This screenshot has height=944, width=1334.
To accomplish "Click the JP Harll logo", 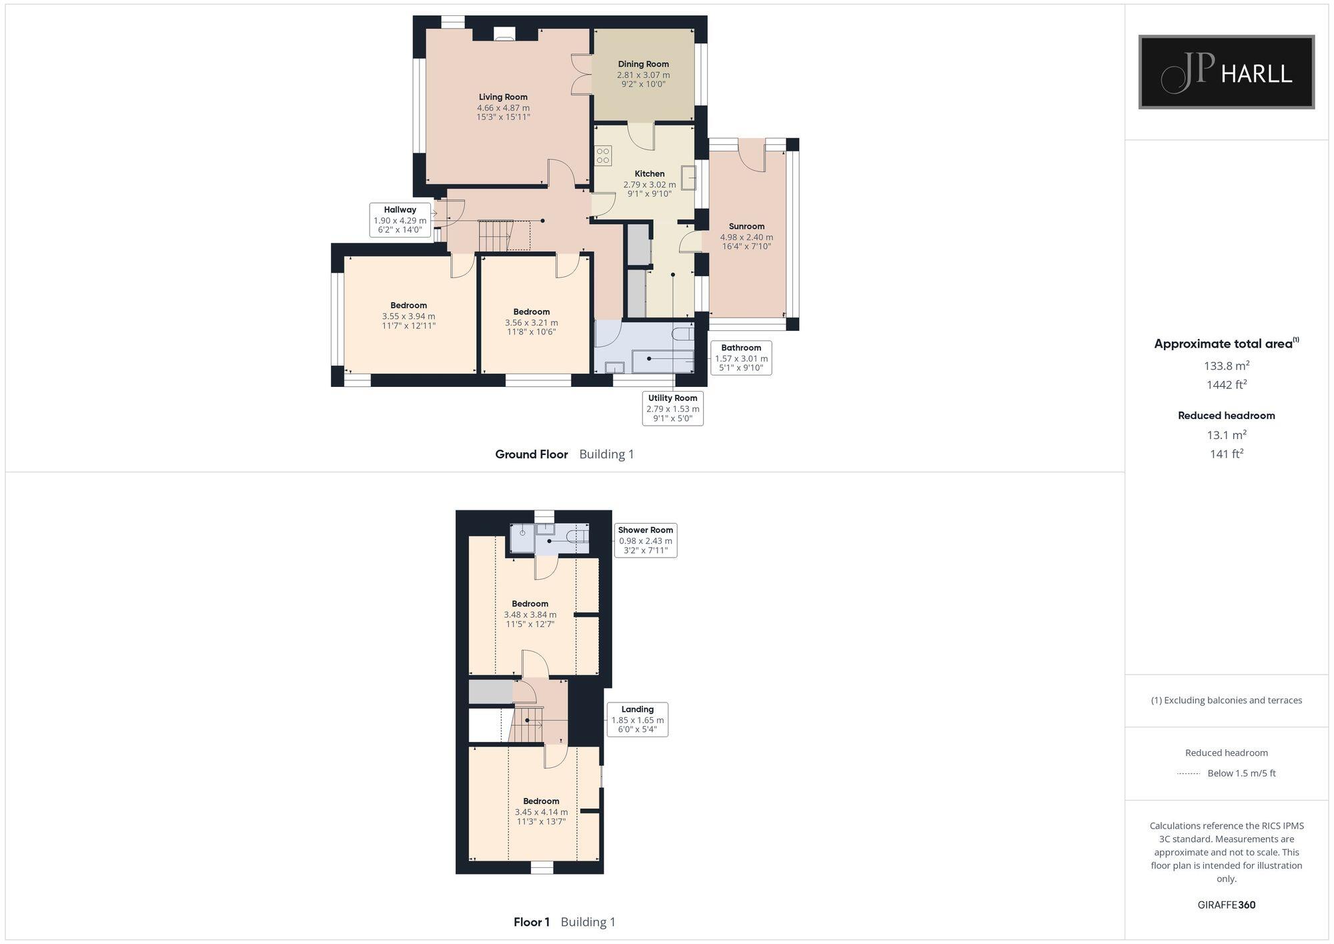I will [1226, 72].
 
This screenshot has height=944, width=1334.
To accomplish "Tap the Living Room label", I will [503, 97].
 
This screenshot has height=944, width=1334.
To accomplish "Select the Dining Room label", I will [643, 65].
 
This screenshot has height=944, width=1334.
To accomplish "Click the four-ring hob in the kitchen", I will [603, 155].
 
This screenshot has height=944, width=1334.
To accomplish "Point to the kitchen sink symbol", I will [688, 178].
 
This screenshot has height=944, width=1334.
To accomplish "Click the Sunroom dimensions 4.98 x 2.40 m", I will [746, 238].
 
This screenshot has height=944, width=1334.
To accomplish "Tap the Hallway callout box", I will [400, 219].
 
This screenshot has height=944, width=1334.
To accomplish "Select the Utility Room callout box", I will [672, 408].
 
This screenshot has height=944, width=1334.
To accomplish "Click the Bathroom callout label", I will [741, 348].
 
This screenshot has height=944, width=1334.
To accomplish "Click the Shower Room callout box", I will [645, 540].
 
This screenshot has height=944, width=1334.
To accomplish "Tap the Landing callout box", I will [637, 719].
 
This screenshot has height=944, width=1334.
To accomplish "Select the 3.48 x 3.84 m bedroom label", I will [530, 614].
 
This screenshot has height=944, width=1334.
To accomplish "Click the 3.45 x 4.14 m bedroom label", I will [541, 812].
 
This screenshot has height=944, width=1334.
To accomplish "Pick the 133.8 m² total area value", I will [1226, 366].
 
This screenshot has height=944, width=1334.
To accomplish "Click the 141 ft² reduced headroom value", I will [1226, 454].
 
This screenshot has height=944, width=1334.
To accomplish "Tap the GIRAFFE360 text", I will [1226, 905].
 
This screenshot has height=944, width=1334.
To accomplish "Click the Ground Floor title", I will [532, 454].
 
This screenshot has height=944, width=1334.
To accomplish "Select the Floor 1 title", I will [532, 922].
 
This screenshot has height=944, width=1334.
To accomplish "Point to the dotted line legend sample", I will [1189, 774].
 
